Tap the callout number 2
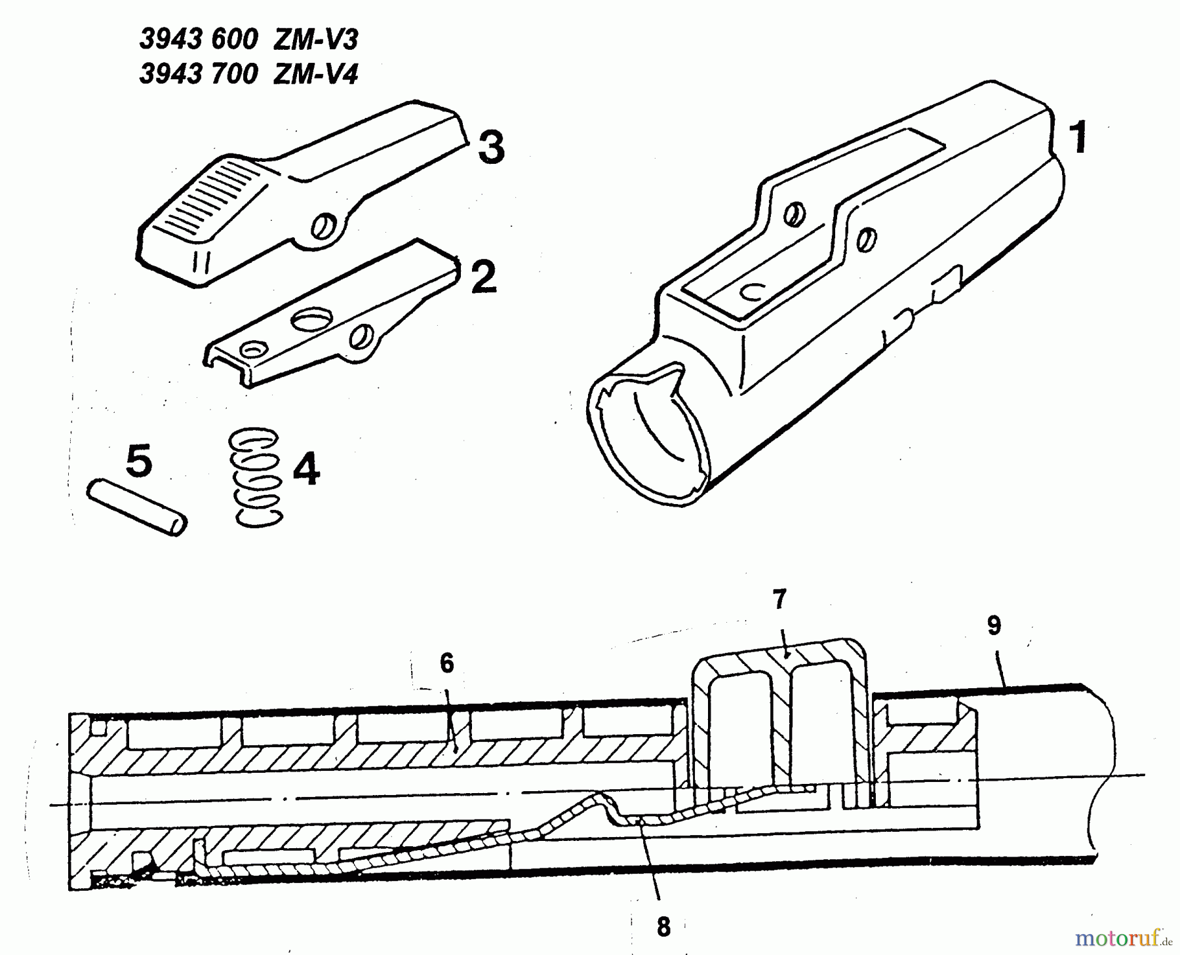484,277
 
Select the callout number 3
491,147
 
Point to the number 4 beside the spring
305,469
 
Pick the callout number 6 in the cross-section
446,663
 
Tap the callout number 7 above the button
779,599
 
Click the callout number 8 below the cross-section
663,927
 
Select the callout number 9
994,626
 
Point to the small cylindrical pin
137,508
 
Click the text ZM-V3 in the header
316,40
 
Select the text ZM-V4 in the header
316,74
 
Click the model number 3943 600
199,40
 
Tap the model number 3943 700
199,74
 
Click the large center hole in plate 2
312,321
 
